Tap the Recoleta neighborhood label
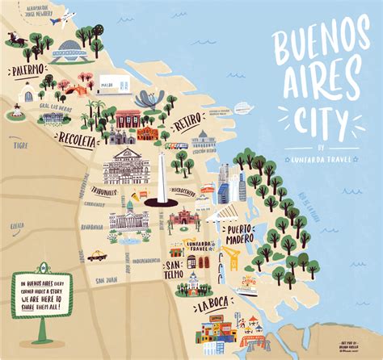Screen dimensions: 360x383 pos(76,140)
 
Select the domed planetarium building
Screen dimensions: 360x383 pos(69,50)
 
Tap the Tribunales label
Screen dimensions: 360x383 pos(104,191)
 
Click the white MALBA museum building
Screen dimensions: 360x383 pos(113,82)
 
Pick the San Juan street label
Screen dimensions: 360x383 pos(106,280)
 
